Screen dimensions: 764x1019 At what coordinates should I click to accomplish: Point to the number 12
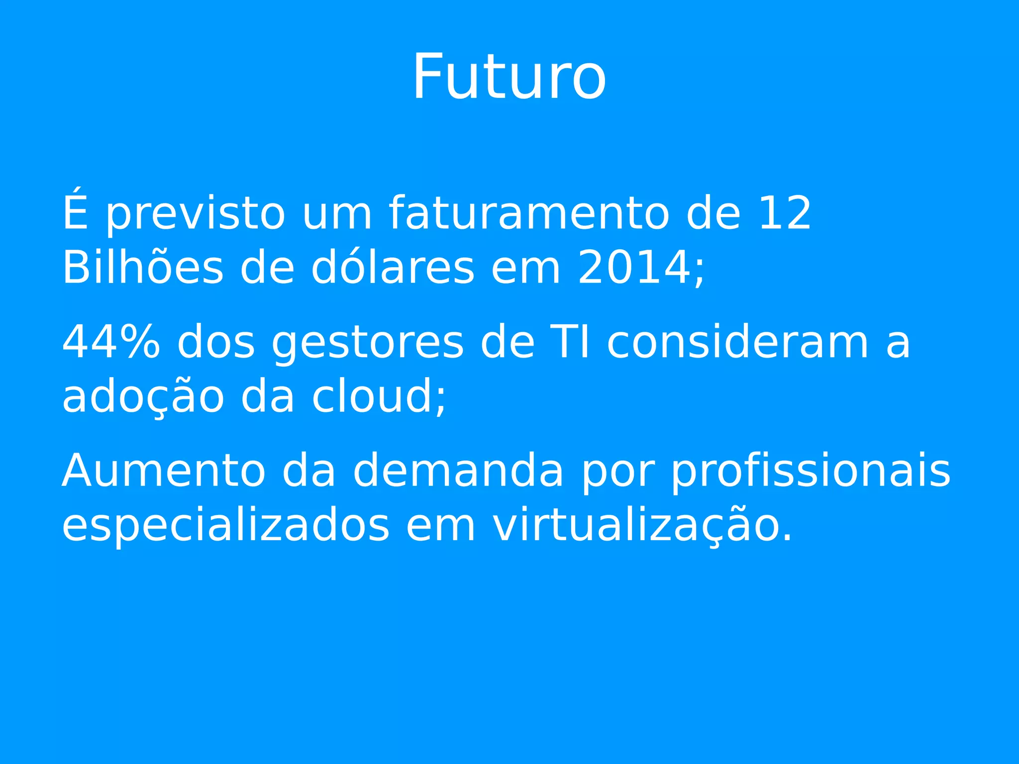point(785,213)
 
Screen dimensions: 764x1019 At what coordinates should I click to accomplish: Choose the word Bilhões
point(142,267)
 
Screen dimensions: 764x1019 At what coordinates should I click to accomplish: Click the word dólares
point(393,267)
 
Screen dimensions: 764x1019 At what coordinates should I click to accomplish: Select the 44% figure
point(111,342)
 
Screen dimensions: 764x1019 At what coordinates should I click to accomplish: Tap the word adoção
point(143,397)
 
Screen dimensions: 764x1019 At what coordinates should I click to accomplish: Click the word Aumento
point(163,471)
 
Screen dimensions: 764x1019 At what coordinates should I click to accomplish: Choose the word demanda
point(458,471)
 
